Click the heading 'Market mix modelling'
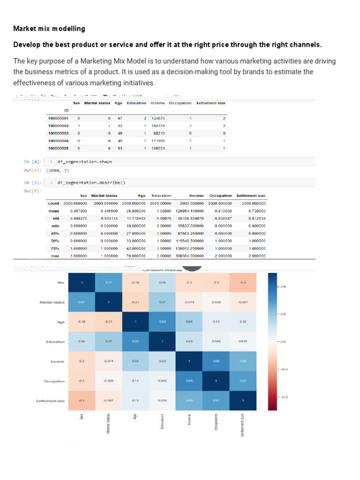tap(49, 29)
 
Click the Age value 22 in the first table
tap(120, 126)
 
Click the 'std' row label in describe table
tap(55, 218)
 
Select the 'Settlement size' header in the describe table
tap(251, 195)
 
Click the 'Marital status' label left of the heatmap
tap(52, 302)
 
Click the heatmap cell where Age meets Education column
tap(163, 322)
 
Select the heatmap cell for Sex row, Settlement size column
tap(243, 283)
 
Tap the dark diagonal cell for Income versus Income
tap(190, 361)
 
